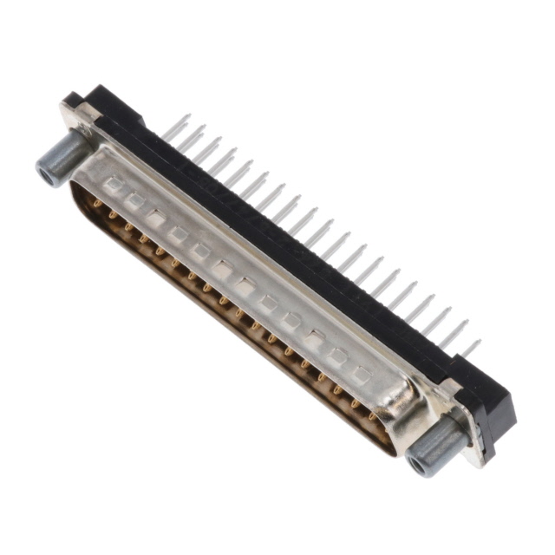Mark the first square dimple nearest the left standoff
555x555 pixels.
click(114, 185)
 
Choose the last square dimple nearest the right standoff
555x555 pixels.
click(362, 375)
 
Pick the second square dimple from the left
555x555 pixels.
click(134, 201)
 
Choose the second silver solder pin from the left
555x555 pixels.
click(192, 137)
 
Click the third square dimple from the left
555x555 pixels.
click(156, 218)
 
